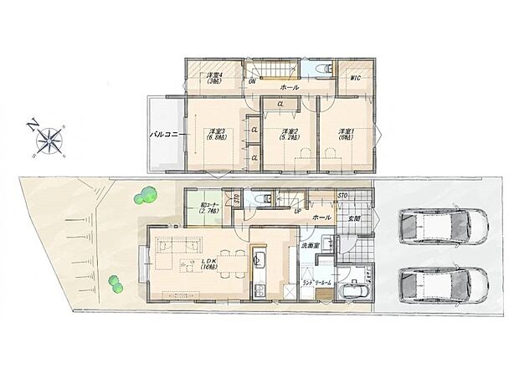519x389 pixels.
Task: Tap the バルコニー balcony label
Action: point(162,133)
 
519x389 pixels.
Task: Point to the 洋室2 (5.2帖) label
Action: point(290,134)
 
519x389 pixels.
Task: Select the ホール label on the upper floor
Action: point(290,86)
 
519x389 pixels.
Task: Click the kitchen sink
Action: point(259,261)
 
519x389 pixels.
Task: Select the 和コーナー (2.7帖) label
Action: point(209,211)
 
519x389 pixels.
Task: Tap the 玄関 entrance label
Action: point(354,218)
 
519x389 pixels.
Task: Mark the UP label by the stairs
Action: point(296,211)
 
